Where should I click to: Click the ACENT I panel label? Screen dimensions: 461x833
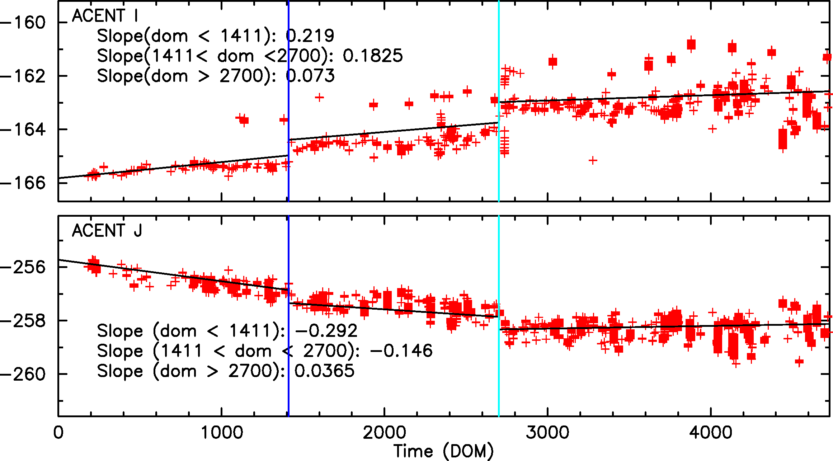[x=105, y=16]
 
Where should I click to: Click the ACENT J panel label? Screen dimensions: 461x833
[x=107, y=231]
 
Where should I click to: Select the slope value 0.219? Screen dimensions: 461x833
[x=310, y=36]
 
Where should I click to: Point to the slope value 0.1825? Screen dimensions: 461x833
[x=373, y=56]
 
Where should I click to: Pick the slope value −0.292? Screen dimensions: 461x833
[x=326, y=331]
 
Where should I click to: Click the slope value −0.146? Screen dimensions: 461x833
[x=401, y=351]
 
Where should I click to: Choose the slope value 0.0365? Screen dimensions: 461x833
[x=324, y=371]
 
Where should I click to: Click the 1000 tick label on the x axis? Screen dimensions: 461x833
[x=222, y=433]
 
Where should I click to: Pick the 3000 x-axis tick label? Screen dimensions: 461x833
[x=547, y=433]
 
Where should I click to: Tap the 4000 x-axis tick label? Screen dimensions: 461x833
[x=711, y=433]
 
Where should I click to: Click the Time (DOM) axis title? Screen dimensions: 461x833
[x=443, y=451]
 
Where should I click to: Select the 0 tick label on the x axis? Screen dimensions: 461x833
[x=58, y=433]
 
